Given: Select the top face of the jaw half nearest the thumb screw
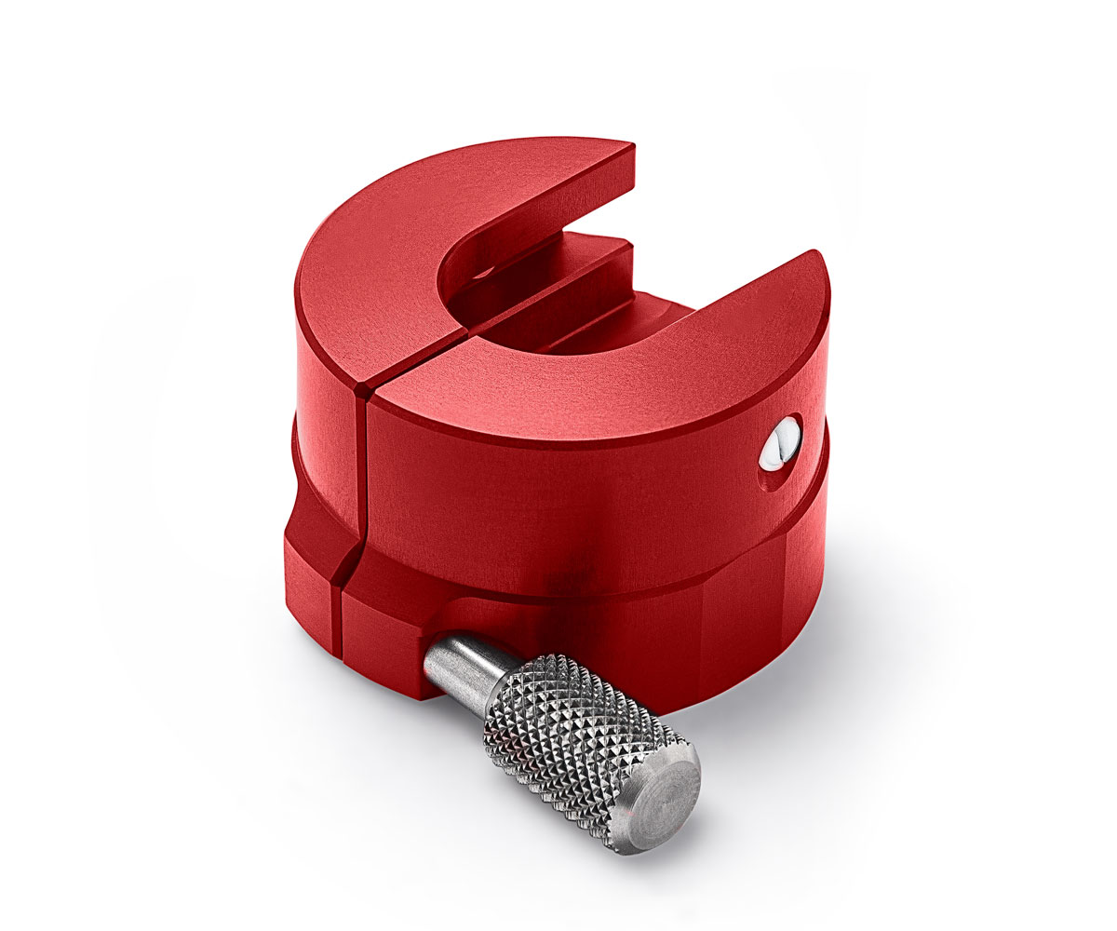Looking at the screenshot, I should [596, 382].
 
